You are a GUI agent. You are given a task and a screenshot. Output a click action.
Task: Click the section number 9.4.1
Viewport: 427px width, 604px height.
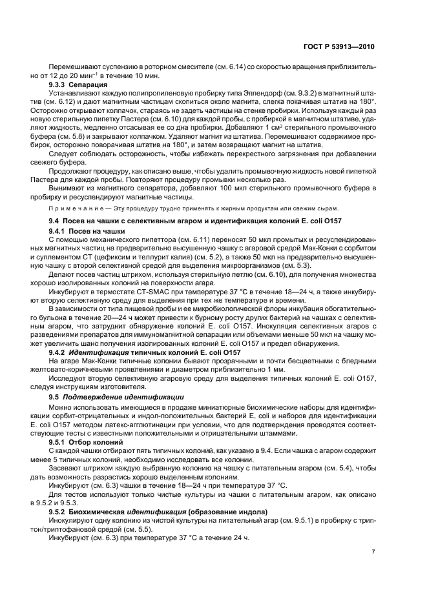coord(59,230)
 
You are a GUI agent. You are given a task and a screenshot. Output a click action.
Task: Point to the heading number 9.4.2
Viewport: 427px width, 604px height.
coord(59,352)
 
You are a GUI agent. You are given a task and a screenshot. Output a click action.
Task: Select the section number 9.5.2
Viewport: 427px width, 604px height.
coord(59,511)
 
